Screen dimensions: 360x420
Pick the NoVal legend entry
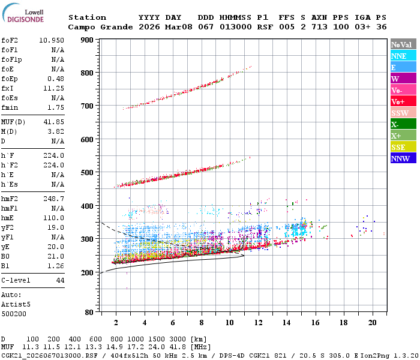[x=402, y=44]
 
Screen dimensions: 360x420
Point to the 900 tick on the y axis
[x=87, y=40]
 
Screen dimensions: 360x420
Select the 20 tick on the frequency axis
[x=372, y=322]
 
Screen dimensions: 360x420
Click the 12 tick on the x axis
[x=259, y=322]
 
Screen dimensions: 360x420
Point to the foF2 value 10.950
[x=52, y=40]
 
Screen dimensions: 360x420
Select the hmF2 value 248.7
[x=54, y=198]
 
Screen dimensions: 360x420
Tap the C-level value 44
[x=60, y=280]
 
